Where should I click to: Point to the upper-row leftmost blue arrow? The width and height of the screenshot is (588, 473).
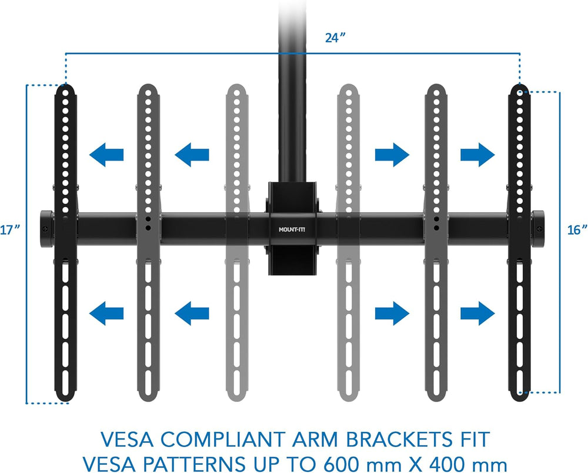(x=106, y=155)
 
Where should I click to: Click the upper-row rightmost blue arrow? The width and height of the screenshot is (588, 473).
(x=477, y=155)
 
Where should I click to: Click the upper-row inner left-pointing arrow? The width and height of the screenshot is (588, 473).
(x=192, y=155)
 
